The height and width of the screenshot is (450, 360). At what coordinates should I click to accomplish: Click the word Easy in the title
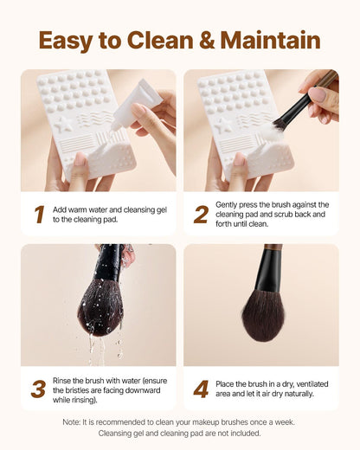coord(66,41)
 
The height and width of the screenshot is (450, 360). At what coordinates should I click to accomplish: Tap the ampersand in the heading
coord(207,40)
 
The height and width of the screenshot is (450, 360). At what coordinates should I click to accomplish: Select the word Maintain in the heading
coord(271,40)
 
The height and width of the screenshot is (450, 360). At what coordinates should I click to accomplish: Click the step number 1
coord(39,215)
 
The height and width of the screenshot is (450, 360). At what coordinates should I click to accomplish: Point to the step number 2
coord(201,215)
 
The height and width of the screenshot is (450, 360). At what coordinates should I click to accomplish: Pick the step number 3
coord(38,389)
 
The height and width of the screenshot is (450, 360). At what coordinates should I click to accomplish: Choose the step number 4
coord(201,389)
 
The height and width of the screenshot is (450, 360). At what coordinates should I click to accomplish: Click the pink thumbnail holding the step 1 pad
coord(80,159)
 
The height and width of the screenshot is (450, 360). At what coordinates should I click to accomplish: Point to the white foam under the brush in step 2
coord(274,132)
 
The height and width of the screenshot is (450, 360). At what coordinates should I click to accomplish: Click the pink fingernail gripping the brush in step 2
coord(317,94)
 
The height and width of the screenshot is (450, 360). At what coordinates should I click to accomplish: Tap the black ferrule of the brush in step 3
coord(109,263)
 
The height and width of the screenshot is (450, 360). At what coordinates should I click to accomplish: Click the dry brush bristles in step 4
coord(263,316)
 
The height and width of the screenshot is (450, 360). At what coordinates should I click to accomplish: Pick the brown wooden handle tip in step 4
coord(273,247)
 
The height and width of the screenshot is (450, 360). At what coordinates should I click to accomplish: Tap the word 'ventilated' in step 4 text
coord(312,384)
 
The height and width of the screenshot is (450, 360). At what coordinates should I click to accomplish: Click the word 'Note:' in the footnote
coord(71,422)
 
